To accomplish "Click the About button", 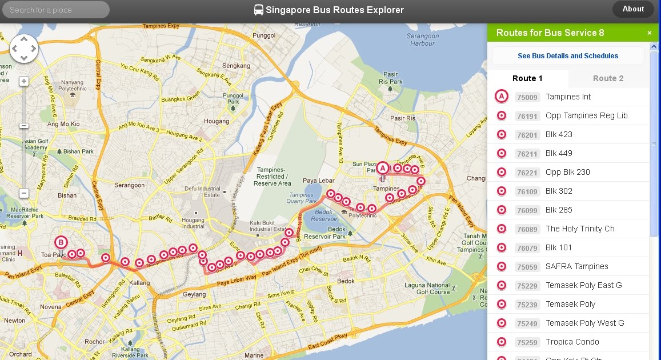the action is click(633, 9).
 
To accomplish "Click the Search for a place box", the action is click(55, 10).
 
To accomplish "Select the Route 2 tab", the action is click(608, 78).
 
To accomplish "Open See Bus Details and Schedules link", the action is click(568, 56).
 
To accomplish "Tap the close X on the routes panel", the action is click(650, 33).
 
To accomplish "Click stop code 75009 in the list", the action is click(527, 97).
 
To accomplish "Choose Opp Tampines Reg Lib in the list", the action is click(586, 115).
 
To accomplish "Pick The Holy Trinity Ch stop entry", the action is click(580, 229).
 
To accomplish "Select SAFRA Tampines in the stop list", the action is click(576, 266).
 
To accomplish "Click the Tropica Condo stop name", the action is click(572, 342).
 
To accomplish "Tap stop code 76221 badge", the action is click(527, 173).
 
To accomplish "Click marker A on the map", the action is click(383, 168).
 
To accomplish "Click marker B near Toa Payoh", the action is click(61, 242).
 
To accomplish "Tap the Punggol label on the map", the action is click(263, 35).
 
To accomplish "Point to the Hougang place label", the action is click(217, 121).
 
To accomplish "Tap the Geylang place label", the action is click(195, 294).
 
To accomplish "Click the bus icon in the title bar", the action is click(259, 10).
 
